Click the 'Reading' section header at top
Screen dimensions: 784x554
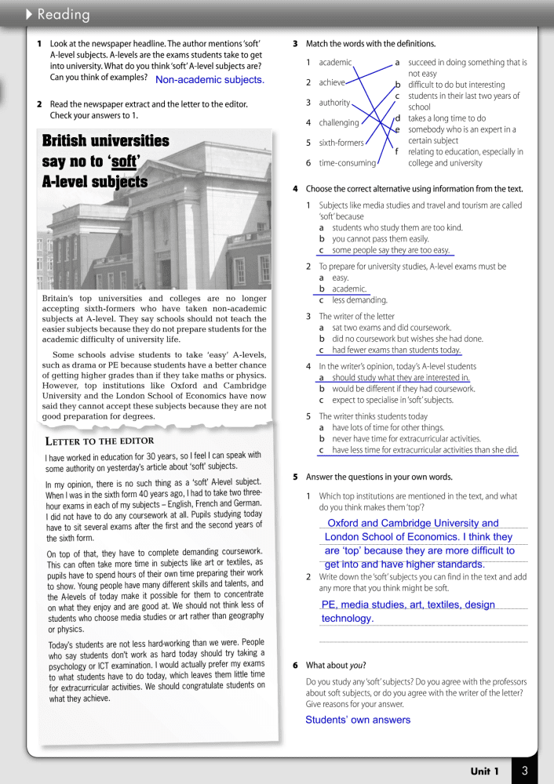pyautogui.click(x=63, y=15)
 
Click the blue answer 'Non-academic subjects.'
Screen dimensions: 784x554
pyautogui.click(x=210, y=79)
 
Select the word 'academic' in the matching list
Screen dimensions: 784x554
pyautogui.click(x=335, y=63)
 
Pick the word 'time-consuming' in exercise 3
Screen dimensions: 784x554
pyautogui.click(x=348, y=163)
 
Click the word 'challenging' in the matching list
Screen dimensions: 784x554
pyautogui.click(x=339, y=122)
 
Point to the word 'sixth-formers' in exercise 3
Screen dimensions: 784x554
pyautogui.click(x=341, y=143)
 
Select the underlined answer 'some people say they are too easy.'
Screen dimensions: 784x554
pyautogui.click(x=391, y=250)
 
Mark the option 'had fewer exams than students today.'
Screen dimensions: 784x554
pyautogui.click(x=396, y=350)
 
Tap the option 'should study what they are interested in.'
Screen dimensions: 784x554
pyautogui.click(x=400, y=377)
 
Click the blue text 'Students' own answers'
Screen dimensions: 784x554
pyautogui.click(x=358, y=720)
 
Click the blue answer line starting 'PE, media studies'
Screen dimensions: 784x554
pyautogui.click(x=408, y=604)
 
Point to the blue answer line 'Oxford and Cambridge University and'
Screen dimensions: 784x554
pyautogui.click(x=413, y=523)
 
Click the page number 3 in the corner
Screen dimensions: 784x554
pyautogui.click(x=524, y=771)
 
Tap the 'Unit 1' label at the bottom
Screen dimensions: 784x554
pyautogui.click(x=484, y=771)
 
